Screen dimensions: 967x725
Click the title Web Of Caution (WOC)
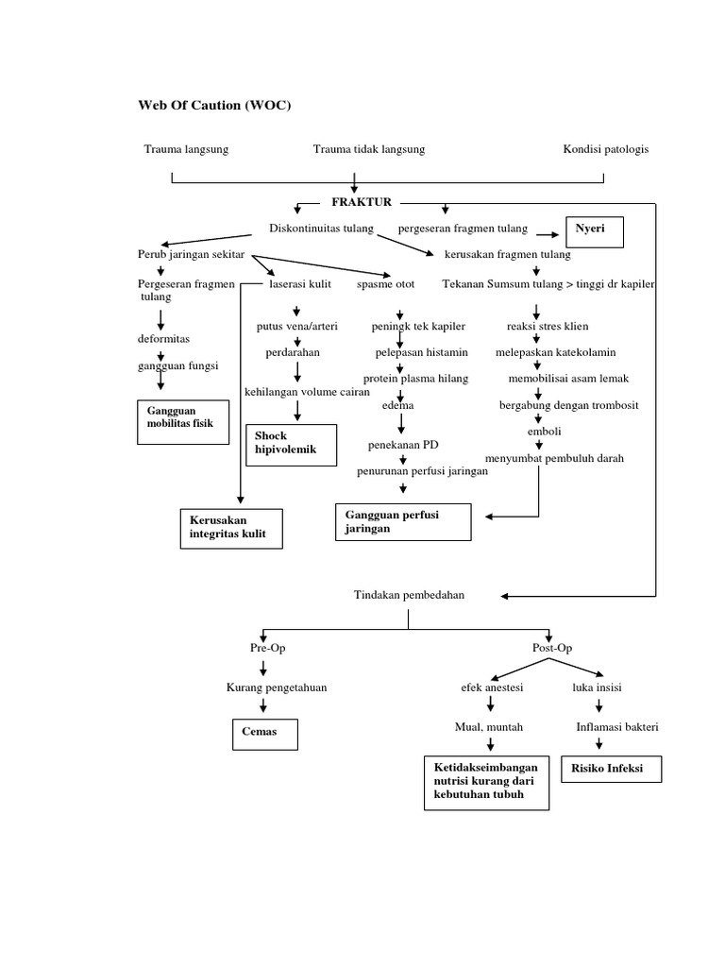(215, 105)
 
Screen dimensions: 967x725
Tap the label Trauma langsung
(186, 149)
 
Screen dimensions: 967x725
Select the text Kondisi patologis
(606, 149)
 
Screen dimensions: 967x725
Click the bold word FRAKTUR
(362, 202)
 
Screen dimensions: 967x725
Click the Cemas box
(265, 734)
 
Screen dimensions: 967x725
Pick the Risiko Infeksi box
(611, 769)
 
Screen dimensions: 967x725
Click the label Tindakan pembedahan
(409, 595)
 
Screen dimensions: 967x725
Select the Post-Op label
(552, 648)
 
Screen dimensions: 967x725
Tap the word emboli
(544, 432)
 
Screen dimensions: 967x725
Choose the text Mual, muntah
(488, 727)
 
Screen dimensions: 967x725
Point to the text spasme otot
(385, 283)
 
